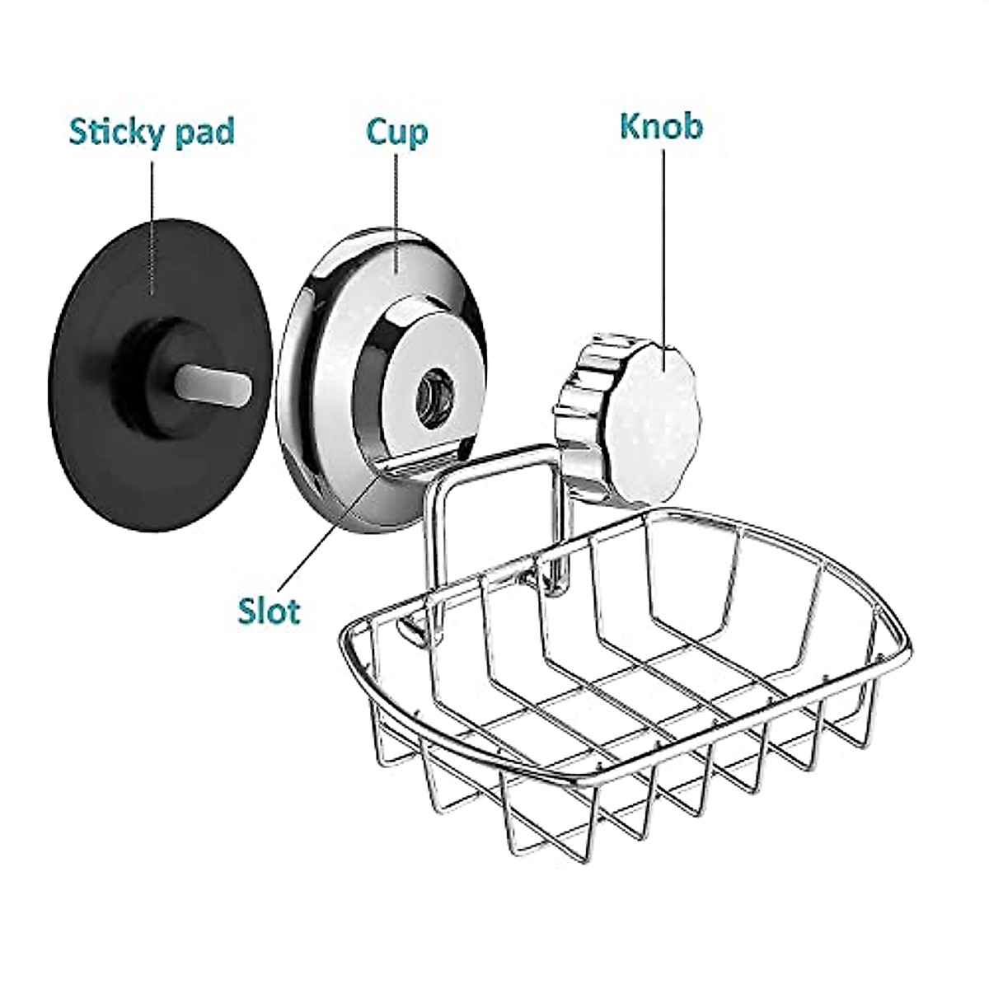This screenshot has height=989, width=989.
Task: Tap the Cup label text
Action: pos(397,132)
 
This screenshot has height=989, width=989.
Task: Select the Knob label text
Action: pos(661,128)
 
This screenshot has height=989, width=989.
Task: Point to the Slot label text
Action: pos(269,611)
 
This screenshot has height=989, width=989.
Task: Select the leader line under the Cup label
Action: pos(397,198)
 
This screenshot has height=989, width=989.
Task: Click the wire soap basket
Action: pos(626,701)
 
